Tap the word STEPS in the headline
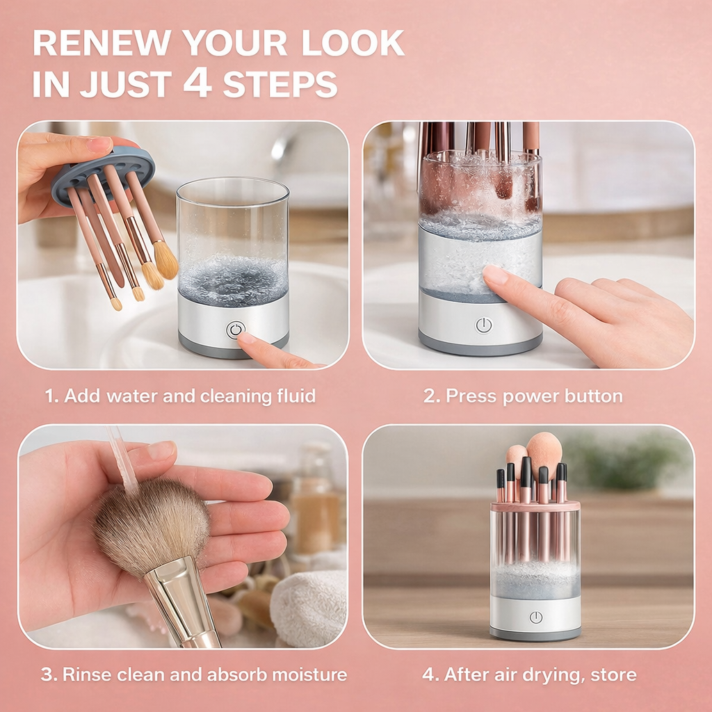[280, 84]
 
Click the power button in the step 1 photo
[235, 330]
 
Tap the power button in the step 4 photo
[535, 617]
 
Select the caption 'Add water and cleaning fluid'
[181, 396]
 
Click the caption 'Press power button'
[524, 396]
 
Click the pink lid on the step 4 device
[535, 506]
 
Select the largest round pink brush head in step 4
[544, 453]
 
